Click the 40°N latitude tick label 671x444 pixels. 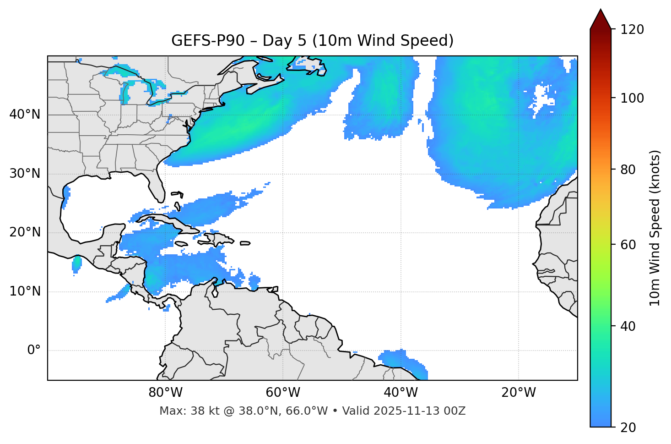click(25, 115)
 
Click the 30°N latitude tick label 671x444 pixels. click(25, 174)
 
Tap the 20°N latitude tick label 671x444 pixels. click(25, 232)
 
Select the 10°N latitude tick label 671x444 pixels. click(25, 291)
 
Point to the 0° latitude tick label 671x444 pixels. click(34, 351)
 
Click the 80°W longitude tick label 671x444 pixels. click(165, 393)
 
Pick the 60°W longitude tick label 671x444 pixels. click(283, 393)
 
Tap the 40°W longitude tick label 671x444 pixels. click(400, 393)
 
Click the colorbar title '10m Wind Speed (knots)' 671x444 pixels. click(655, 228)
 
